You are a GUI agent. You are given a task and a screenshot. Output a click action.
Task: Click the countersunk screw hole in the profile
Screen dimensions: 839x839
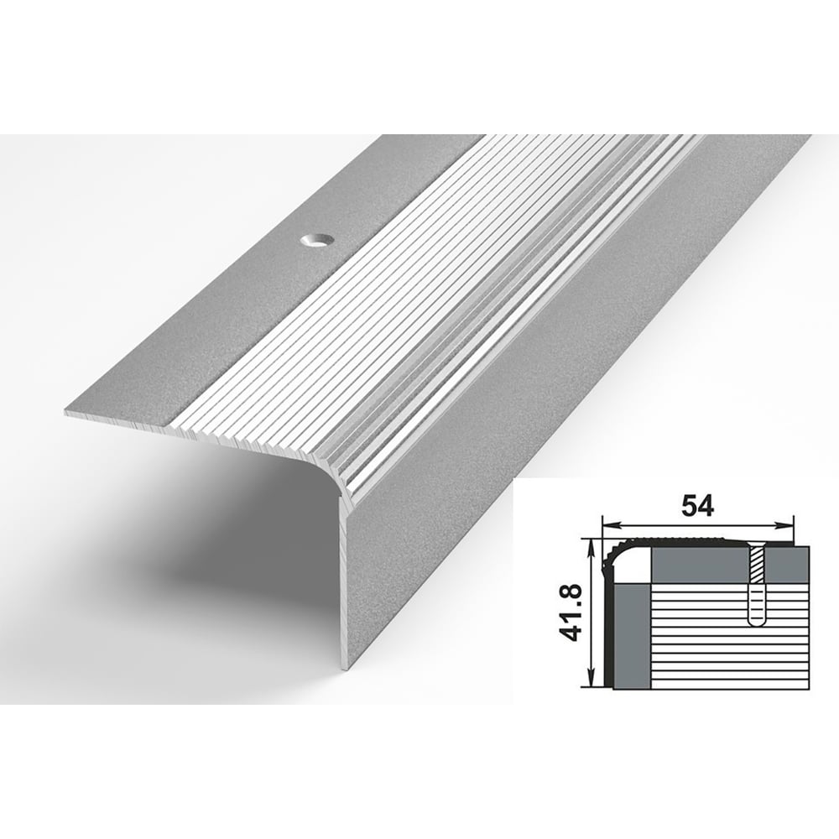[315, 242]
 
